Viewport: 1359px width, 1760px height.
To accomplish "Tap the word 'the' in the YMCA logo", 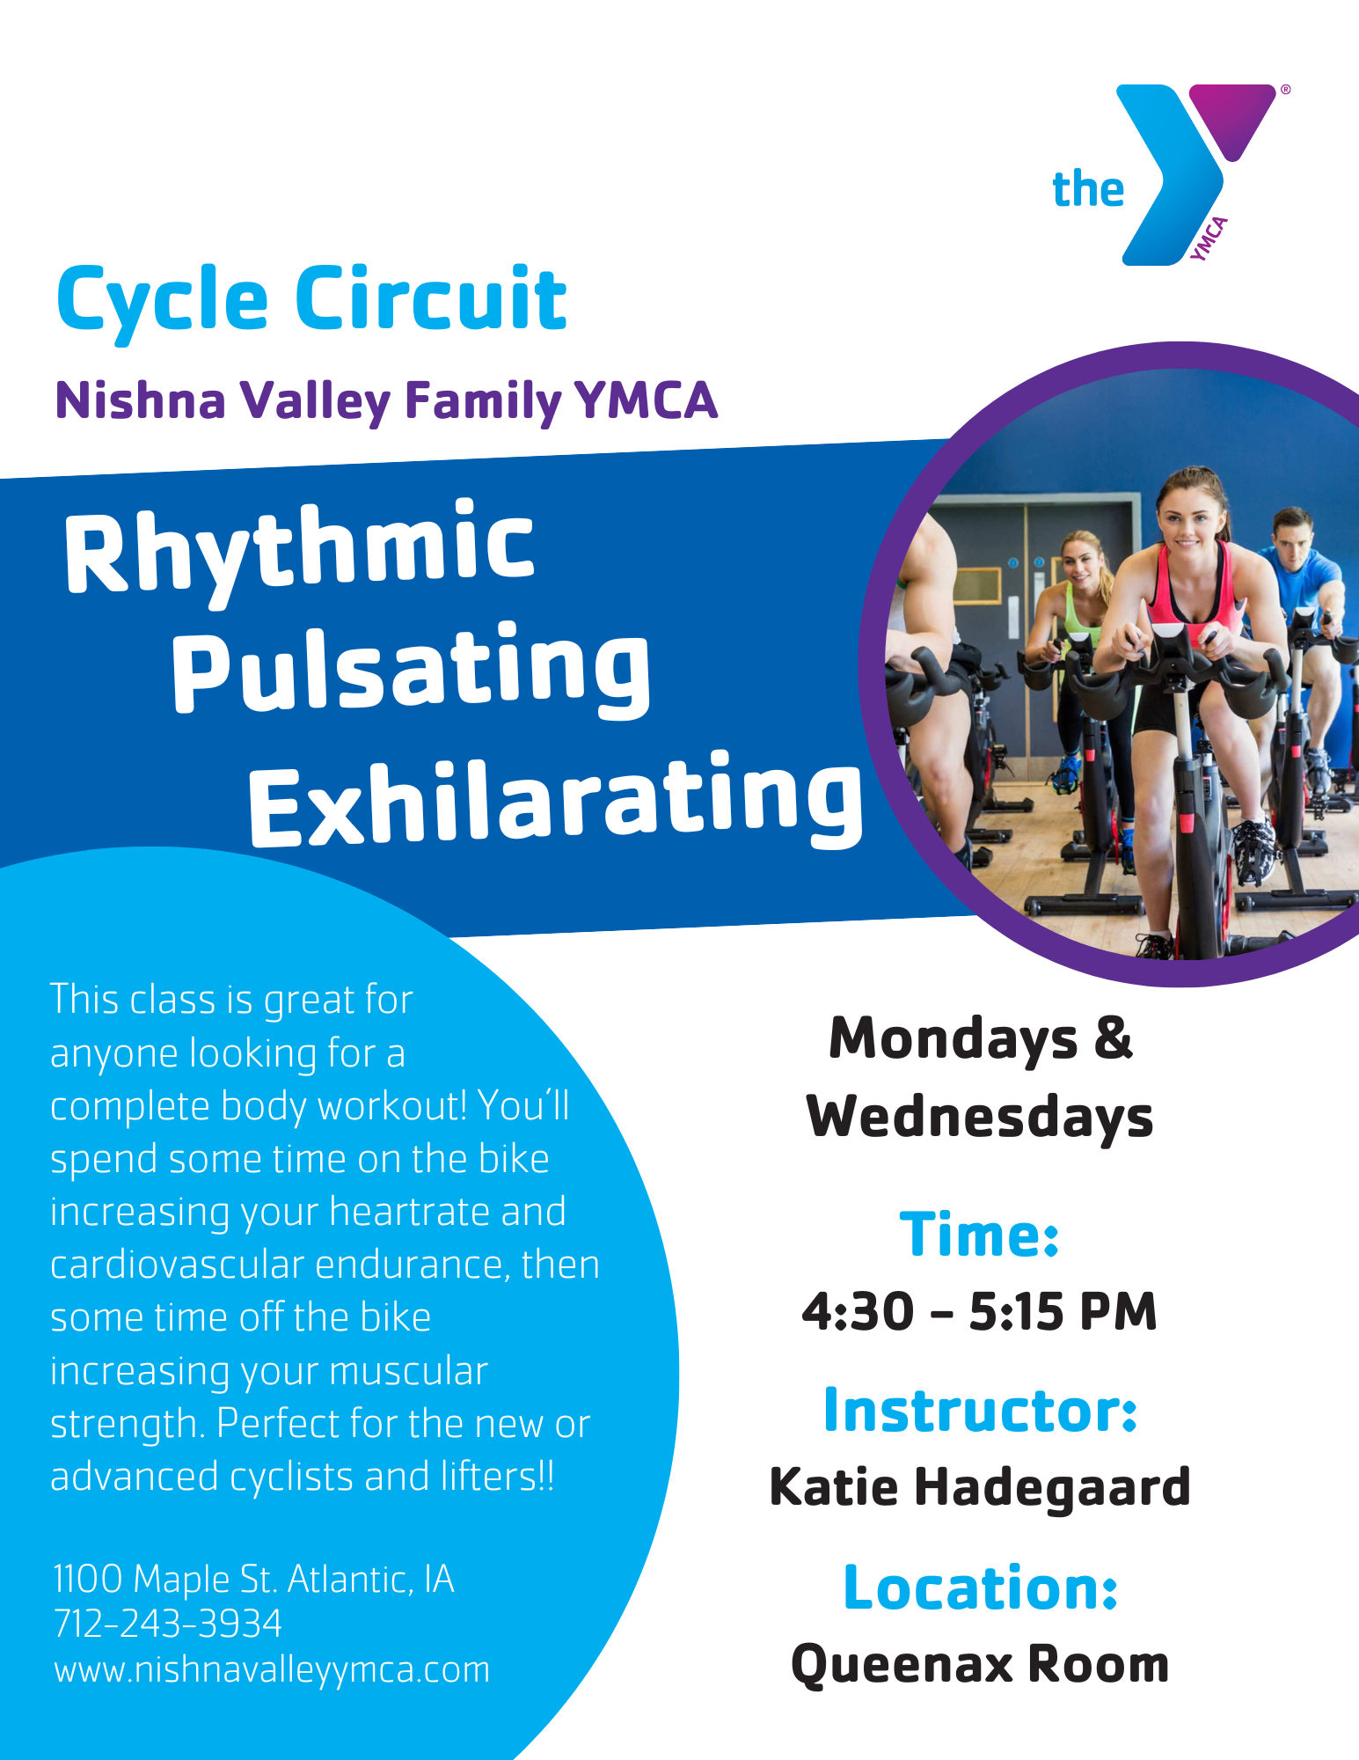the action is (1088, 189).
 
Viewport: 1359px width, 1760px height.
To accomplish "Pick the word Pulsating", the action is (412, 669).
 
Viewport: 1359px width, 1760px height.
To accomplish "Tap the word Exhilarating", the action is (556, 799).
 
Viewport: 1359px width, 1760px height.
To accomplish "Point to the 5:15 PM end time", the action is (1063, 1311).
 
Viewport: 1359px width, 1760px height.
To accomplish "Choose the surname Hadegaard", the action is (1053, 1488).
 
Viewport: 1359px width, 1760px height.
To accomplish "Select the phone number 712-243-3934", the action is (168, 1624).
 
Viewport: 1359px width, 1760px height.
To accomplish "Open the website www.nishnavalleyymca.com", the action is (272, 1669).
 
